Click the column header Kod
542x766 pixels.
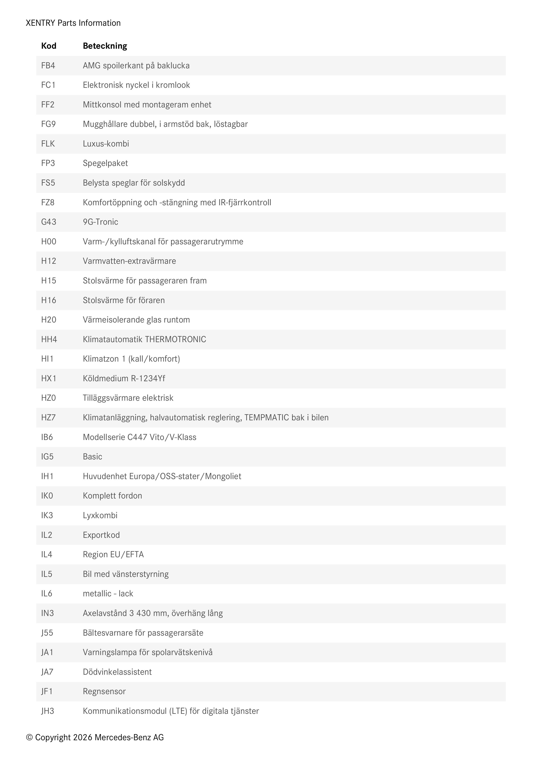point(49,46)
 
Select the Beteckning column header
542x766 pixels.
point(105,46)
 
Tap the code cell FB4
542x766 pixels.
point(48,66)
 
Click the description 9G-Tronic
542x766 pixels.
point(100,222)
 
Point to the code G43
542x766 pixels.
point(49,222)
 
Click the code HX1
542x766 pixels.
point(49,378)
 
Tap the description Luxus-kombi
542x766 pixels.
point(106,144)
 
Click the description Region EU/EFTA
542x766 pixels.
point(113,554)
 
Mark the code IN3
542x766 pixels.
point(47,613)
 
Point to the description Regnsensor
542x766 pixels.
point(104,691)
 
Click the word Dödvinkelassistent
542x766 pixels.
point(117,672)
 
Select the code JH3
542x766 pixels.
point(47,711)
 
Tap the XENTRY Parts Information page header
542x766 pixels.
point(73,23)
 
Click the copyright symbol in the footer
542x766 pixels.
point(29,737)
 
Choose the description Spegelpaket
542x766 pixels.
point(105,163)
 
